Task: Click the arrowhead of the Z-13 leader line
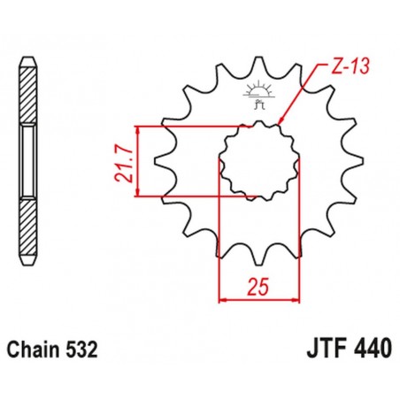point(281,124)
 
